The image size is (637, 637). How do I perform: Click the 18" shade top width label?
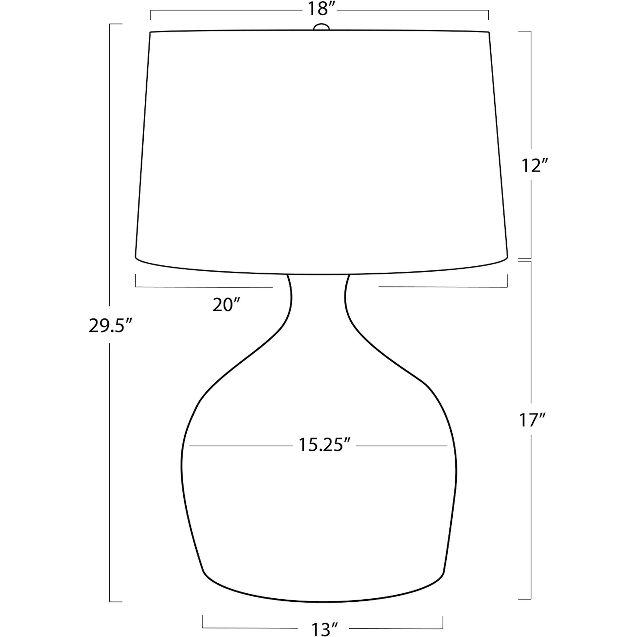tap(319, 9)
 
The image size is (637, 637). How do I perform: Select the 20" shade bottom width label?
tap(226, 305)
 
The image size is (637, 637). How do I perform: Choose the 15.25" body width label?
tap(324, 445)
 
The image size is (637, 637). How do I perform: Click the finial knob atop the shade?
tap(321, 27)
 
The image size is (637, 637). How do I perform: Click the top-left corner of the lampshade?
tap(150, 32)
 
